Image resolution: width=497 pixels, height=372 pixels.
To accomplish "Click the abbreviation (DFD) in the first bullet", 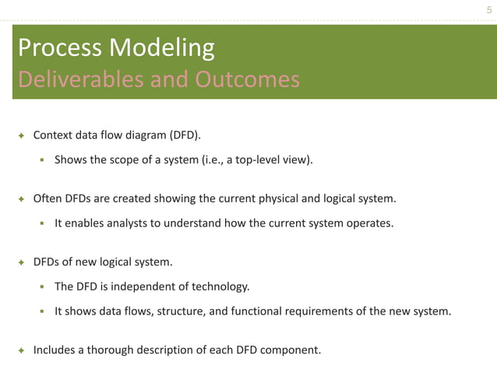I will pos(183,135).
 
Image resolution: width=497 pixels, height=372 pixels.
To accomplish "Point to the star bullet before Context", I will pos(21,135).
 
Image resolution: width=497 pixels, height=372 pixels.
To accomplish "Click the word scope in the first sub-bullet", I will pos(148,160).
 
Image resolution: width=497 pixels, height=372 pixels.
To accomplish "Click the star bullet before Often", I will pos(21,198).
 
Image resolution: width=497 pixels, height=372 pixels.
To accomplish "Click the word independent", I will pos(139,286).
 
